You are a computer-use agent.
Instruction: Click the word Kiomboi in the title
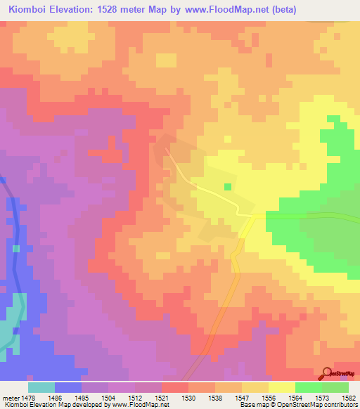coord(31,10)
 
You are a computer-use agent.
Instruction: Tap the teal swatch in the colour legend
coord(41,387)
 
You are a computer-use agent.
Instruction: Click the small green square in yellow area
coord(227,187)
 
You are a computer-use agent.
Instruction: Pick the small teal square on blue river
coord(16,249)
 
